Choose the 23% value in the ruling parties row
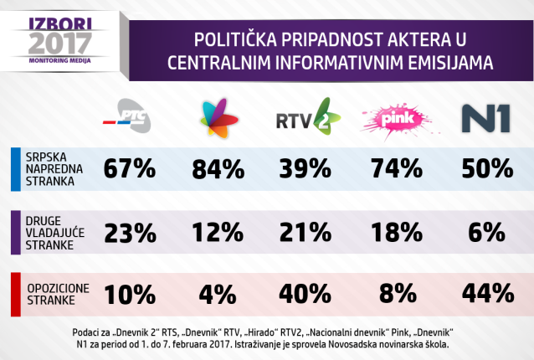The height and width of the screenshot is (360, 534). click(x=129, y=230)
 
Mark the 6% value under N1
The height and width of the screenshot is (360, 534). click(x=485, y=230)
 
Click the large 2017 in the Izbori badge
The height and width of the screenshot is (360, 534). click(x=51, y=41)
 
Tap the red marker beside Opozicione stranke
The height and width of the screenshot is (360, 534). click(x=15, y=294)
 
